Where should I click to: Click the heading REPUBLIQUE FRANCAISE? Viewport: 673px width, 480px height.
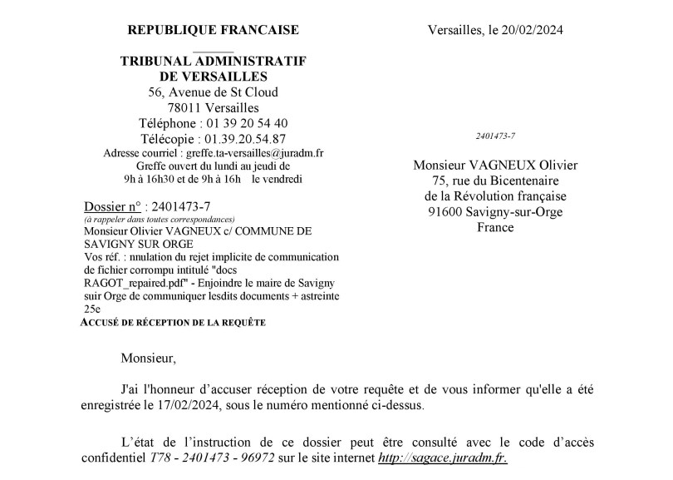tap(213, 31)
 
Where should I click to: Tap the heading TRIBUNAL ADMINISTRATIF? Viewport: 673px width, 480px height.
tap(214, 61)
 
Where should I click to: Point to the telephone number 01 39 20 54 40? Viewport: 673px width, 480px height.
tap(246, 123)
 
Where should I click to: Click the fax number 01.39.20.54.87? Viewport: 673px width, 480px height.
tap(245, 139)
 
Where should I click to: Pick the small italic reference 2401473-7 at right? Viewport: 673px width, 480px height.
tap(496, 135)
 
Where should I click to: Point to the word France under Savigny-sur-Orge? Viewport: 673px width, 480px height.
tap(495, 226)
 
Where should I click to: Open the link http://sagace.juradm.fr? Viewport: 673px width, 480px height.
tap(442, 458)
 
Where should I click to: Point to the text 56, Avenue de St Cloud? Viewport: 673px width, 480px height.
tap(214, 92)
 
